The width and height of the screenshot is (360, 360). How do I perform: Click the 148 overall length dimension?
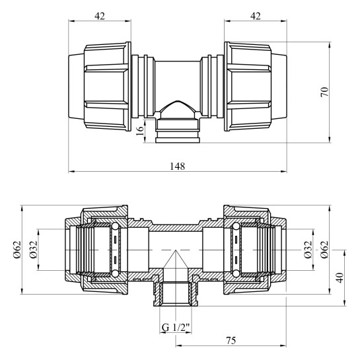tap(177, 166)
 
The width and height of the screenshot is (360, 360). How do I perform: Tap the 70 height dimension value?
tap(324, 92)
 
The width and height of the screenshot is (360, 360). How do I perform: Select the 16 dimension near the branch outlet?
tap(140, 130)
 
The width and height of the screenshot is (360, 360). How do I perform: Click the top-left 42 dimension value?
tap(100, 16)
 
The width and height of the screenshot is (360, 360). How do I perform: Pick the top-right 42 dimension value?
tap(256, 16)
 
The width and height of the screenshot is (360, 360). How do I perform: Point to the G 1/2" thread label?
tap(176, 327)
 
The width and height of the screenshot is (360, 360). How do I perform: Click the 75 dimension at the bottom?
tap(231, 340)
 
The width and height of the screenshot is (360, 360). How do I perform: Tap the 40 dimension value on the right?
tap(340, 277)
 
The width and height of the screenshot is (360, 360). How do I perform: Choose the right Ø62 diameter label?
tap(324, 249)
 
